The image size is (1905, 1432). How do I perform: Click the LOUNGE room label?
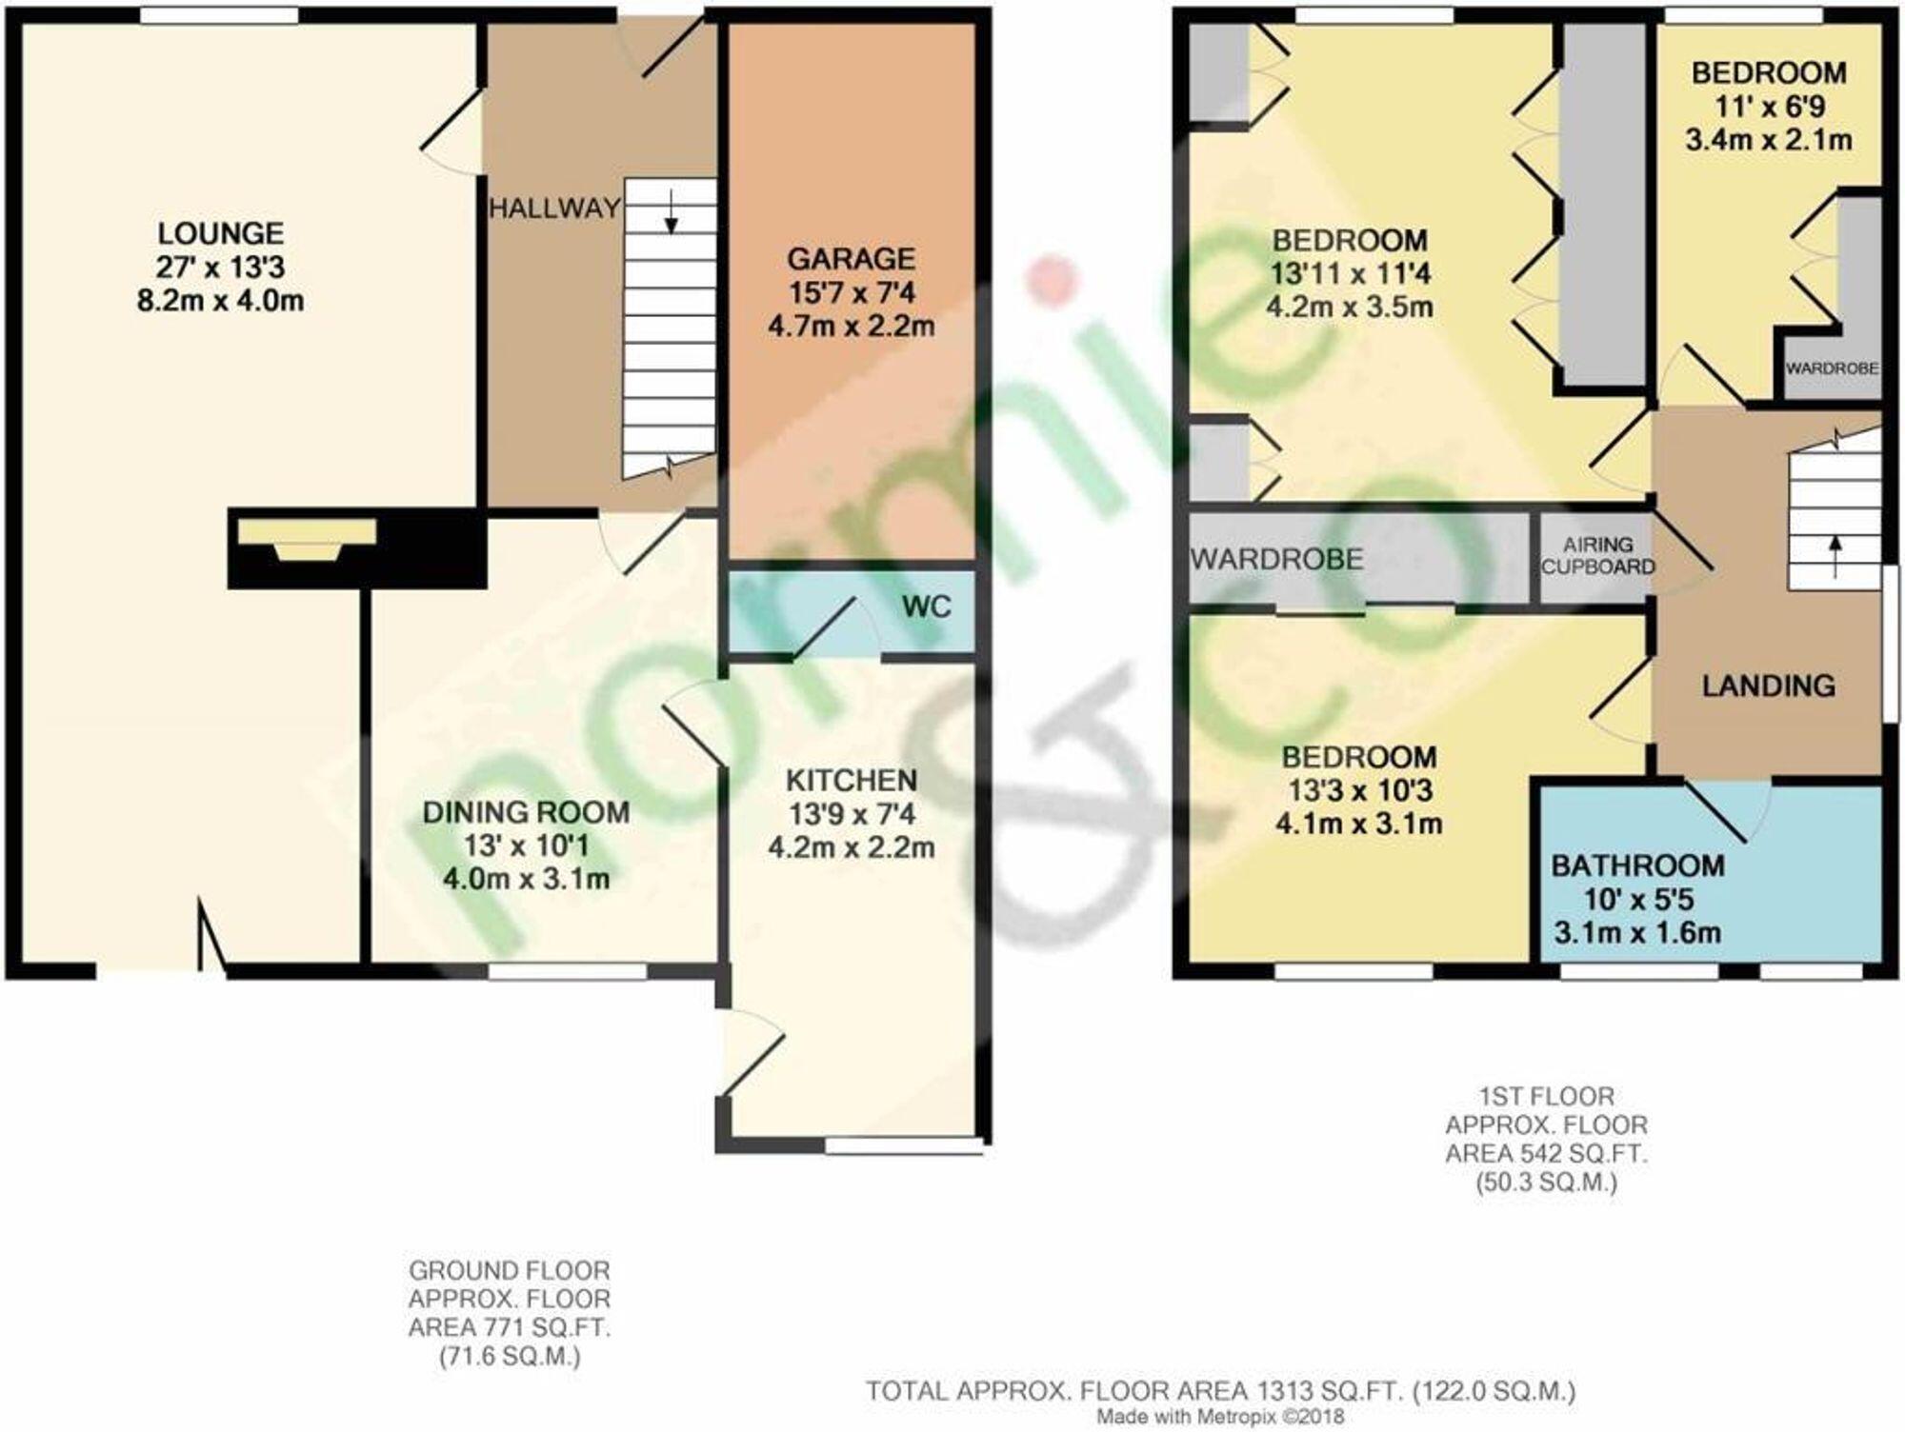tap(220, 234)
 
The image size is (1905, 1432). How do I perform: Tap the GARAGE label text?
tap(851, 259)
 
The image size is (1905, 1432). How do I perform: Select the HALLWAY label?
tap(554, 209)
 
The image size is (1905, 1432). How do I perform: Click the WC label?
tap(926, 607)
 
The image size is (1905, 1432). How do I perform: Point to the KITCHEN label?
tap(852, 781)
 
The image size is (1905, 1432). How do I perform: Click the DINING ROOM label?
tap(526, 812)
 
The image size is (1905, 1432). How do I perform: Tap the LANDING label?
tap(1768, 686)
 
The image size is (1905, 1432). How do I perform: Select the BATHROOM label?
tap(1637, 865)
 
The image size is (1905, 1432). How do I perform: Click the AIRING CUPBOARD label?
tap(1597, 556)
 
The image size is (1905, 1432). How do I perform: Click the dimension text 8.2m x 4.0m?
tap(220, 302)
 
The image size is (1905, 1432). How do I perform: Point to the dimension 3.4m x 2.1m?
tap(1769, 141)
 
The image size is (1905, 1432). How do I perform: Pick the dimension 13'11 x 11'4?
tap(1350, 274)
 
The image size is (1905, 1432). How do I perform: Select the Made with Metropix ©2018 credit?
tap(1220, 1417)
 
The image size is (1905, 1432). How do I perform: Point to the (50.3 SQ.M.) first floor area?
tap(1546, 1183)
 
